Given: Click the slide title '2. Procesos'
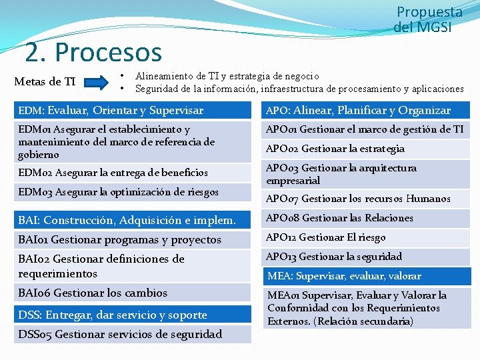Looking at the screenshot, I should click(x=93, y=52).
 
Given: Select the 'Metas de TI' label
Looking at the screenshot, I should click(x=45, y=82).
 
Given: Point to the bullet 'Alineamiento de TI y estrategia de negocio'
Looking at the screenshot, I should click(x=227, y=76).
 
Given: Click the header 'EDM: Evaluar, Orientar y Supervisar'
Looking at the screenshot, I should click(x=111, y=111).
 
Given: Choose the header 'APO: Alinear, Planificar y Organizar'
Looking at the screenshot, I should click(x=358, y=111).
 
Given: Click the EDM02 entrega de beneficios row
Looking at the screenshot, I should click(x=113, y=173).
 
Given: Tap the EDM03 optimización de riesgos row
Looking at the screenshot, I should click(x=119, y=193).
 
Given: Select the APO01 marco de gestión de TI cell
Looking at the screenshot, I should click(x=365, y=129).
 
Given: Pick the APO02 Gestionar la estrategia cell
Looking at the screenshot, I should click(x=335, y=149).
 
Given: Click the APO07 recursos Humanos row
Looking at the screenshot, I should click(x=367, y=199).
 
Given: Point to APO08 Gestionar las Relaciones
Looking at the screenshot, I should click(x=339, y=218).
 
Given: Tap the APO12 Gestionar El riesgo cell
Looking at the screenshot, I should click(x=326, y=237).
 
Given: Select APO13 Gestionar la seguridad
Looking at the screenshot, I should click(x=334, y=257).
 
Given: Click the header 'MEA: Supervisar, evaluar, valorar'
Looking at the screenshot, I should click(x=344, y=276).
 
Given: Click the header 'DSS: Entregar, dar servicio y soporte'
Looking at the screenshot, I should click(x=113, y=315).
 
